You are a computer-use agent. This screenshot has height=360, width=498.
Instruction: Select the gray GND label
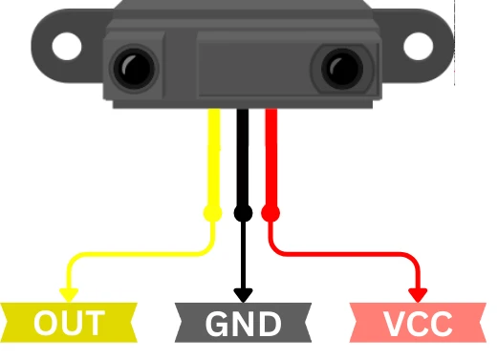[243, 324]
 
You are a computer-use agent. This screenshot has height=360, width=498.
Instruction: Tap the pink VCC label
[419, 324]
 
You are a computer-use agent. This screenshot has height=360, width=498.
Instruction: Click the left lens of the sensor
[131, 68]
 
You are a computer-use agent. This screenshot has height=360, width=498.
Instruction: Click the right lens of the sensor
[342, 68]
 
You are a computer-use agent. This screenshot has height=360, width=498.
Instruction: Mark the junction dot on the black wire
[243, 212]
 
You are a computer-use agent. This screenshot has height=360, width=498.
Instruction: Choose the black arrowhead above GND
[243, 293]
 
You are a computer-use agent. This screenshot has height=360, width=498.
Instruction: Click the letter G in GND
[215, 324]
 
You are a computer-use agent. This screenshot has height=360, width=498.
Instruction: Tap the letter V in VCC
[392, 324]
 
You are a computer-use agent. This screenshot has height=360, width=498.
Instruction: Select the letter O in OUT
[44, 324]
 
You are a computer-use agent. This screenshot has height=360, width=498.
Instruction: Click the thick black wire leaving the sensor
[243, 153]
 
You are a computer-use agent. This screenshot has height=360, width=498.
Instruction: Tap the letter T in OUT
[94, 324]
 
